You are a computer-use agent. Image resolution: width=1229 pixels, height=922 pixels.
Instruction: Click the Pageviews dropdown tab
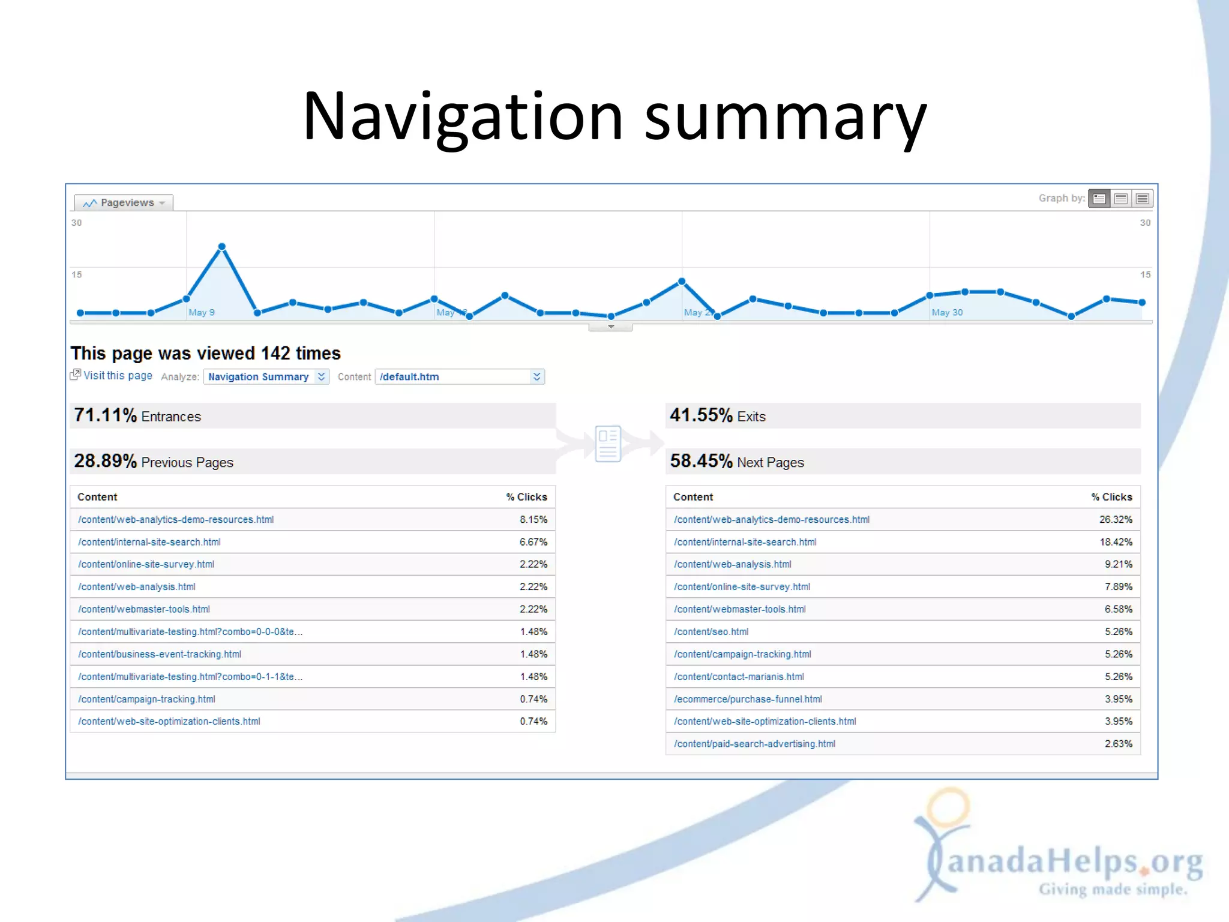(123, 203)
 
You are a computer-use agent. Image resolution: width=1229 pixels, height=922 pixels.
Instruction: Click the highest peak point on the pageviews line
(222, 247)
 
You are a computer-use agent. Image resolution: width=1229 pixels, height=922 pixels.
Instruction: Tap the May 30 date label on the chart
(947, 312)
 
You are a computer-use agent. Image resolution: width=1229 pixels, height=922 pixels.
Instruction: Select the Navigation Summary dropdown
(266, 376)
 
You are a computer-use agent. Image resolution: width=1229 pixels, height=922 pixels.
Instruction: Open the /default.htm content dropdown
(460, 376)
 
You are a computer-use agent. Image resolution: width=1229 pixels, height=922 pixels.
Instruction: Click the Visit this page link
(117, 375)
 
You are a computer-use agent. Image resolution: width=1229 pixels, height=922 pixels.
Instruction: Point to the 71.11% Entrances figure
(106, 415)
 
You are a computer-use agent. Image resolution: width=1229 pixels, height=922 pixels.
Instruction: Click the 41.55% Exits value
(701, 415)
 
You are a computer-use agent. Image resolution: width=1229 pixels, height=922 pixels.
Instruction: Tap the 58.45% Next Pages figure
(701, 461)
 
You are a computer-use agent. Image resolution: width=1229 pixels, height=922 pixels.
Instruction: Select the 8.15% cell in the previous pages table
(533, 519)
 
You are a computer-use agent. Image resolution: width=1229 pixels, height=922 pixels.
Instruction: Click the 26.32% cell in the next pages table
(1115, 519)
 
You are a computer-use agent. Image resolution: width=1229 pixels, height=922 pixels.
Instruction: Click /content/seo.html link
(711, 631)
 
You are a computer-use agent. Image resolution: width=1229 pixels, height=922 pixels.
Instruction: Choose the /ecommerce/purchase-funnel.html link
(748, 699)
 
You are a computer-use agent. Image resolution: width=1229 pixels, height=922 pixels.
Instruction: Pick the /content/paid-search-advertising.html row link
(754, 744)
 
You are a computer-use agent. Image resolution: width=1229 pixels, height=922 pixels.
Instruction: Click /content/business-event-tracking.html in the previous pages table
(160, 654)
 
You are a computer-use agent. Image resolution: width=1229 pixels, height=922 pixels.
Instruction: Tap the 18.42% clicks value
(1116, 542)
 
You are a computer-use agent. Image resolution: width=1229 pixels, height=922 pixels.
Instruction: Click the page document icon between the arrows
(608, 444)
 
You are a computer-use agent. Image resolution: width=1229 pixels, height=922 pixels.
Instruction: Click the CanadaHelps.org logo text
(1074, 861)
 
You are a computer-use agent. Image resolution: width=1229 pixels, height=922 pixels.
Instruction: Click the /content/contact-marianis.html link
(739, 676)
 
